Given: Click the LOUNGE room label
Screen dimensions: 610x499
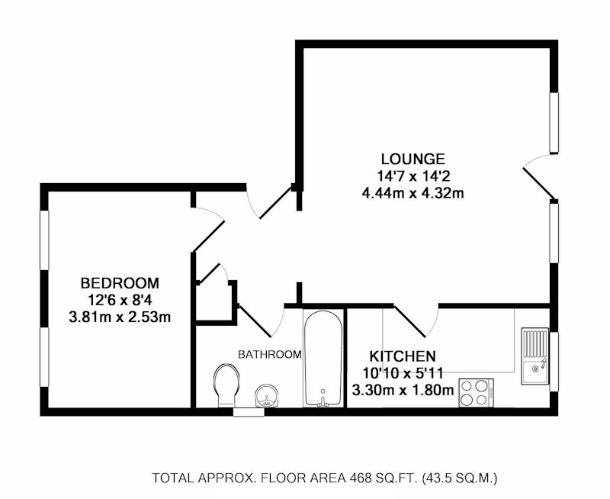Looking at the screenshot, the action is coord(413,159).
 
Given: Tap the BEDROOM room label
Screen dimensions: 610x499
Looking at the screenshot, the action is coord(120,283).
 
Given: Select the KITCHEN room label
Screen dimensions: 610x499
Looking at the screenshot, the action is coord(403,356).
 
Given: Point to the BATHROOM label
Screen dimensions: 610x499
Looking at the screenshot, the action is coord(270,355).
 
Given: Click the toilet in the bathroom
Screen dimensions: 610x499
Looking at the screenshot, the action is coord(226,385).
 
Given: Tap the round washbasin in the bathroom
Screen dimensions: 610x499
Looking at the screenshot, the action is coord(266,396).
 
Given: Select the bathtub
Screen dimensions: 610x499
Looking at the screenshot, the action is coord(323,358).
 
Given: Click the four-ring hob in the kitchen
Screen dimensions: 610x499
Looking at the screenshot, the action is coord(476,393).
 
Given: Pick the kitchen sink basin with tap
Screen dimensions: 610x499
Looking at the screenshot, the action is coord(535,372).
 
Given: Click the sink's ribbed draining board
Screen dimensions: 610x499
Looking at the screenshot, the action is coord(535,343).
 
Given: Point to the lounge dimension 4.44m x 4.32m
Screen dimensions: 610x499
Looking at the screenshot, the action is coord(413,193).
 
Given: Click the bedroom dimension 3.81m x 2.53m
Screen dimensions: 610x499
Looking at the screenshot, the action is coord(120,317).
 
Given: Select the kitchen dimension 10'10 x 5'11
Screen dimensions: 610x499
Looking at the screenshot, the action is coord(403,373).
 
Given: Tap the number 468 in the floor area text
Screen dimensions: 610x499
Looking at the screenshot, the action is coord(360,478).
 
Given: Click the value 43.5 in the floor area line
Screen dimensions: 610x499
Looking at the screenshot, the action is coord(438,478).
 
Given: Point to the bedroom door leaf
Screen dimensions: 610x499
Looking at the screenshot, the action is coord(208,235).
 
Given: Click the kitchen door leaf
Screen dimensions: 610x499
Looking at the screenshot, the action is coord(409,321).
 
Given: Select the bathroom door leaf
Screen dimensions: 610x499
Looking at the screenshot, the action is coord(254,321).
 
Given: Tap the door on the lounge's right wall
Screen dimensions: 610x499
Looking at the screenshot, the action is coord(539,183).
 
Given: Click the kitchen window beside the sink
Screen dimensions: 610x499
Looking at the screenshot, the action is coord(554,362).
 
